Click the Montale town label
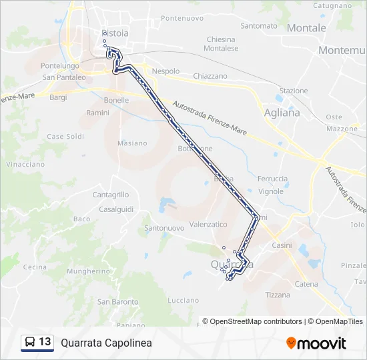(x=306, y=28)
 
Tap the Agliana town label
(x=282, y=113)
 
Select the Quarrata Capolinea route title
(x=106, y=343)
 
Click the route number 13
(x=45, y=342)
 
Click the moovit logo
(x=316, y=343)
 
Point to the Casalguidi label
(x=117, y=209)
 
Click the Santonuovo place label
(x=164, y=228)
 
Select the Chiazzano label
(x=210, y=76)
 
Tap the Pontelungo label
(x=60, y=66)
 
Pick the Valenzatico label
(x=209, y=225)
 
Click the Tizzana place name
(x=278, y=295)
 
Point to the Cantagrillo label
(x=111, y=195)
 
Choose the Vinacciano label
(x=25, y=164)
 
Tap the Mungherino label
(x=88, y=271)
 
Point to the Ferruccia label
(x=273, y=179)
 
